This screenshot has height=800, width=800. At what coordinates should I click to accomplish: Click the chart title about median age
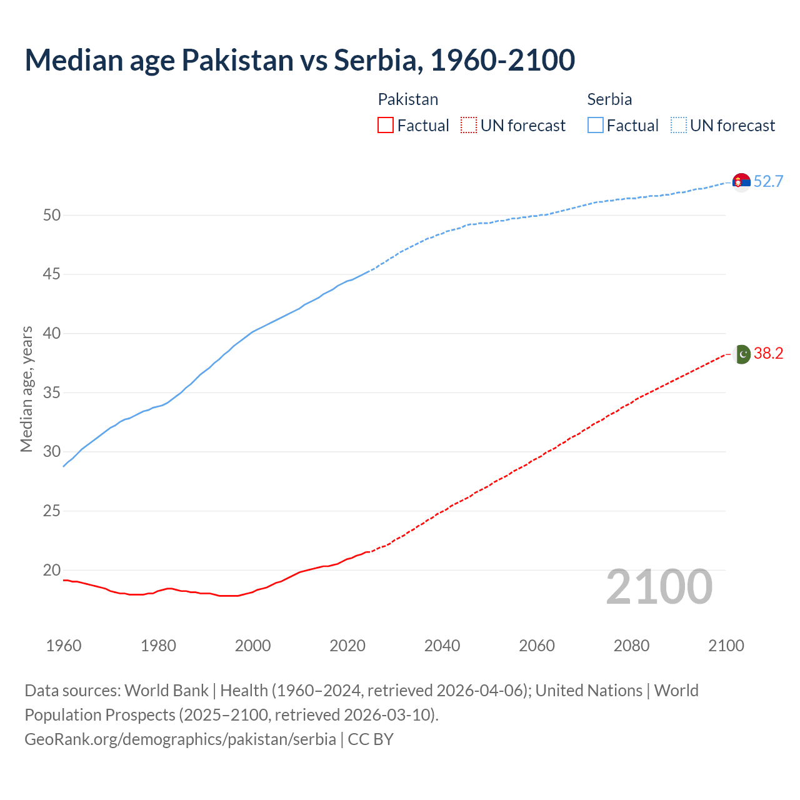pos(299,60)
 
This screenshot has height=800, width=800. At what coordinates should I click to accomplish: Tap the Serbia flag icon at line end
pos(741,182)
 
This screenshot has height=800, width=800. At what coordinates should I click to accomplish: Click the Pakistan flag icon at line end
pos(742,354)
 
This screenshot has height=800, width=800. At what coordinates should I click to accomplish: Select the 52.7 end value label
pos(768,182)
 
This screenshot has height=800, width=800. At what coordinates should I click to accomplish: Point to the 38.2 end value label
pos(768,354)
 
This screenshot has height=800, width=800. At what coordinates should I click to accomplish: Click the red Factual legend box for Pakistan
pos(386,126)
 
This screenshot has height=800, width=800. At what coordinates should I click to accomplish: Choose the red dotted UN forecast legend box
pos(469,126)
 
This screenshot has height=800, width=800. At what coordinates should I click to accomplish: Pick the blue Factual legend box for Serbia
pos(596,126)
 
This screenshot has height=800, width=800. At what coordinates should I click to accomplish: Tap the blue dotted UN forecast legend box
pos(679,126)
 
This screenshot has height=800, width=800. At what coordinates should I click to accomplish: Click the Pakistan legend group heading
pos(408,99)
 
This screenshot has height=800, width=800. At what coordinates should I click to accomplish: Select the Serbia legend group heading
pos(609,99)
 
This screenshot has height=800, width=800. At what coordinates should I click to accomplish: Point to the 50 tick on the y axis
pos(52,216)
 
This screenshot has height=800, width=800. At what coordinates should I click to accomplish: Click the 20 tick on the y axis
pos(52,570)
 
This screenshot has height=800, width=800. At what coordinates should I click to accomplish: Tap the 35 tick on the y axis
pos(52,393)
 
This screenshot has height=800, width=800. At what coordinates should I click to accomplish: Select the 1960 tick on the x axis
pos(64,646)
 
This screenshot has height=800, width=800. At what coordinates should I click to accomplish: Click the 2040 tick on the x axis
pos(442,646)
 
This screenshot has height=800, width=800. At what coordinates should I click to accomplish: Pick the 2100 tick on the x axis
pos(726,646)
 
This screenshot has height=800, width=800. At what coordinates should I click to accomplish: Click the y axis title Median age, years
pos(26,389)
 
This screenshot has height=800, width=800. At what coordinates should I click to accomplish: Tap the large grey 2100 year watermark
pos(659,586)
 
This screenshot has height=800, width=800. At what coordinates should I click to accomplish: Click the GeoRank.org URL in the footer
pos(180,739)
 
